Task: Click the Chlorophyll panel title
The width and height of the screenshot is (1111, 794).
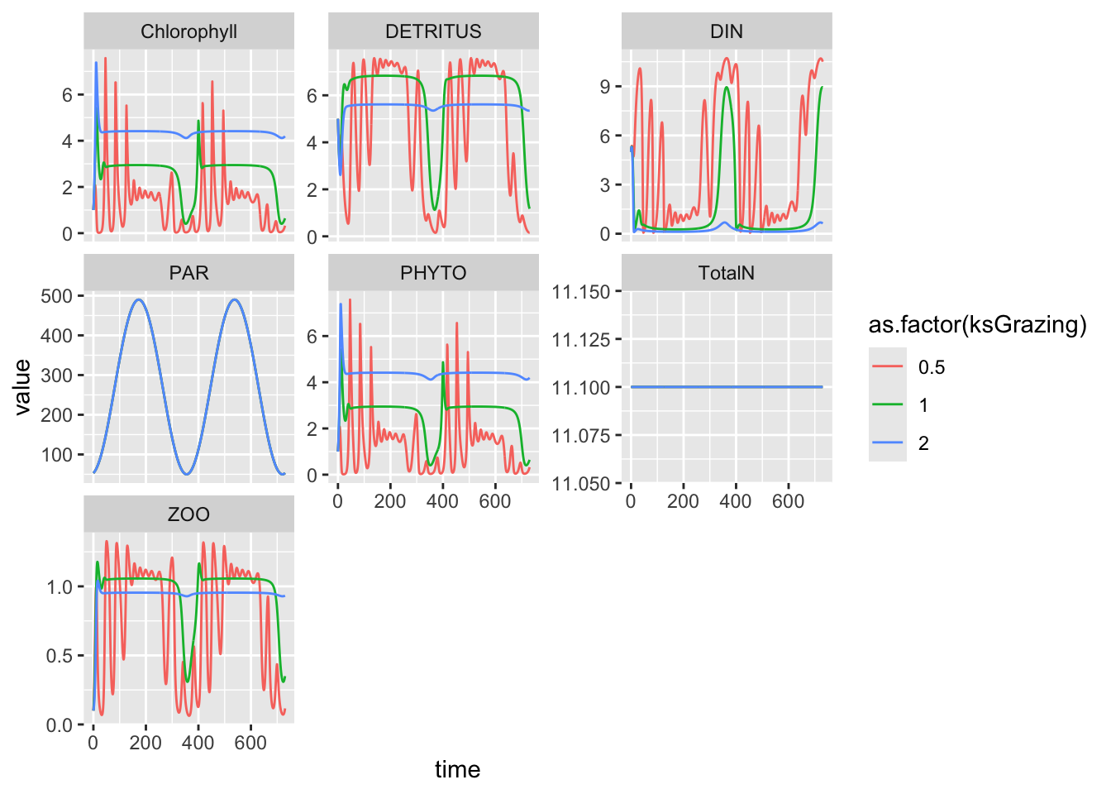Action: [x=188, y=31]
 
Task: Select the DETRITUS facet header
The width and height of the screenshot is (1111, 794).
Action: [x=433, y=31]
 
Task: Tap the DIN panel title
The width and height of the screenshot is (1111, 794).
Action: [x=727, y=31]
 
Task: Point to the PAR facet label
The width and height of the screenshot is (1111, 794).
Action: [x=188, y=273]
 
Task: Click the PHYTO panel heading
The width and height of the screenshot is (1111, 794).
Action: [x=433, y=273]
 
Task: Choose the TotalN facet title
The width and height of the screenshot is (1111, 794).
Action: [x=727, y=273]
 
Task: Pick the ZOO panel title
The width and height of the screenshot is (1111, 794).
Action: [x=188, y=514]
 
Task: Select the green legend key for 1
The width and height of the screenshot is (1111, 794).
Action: [x=888, y=405]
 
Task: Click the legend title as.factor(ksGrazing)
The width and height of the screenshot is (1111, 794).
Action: [x=977, y=325]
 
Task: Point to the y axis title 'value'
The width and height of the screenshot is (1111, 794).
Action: [x=22, y=386]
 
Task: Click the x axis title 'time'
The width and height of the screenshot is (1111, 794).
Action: [x=457, y=770]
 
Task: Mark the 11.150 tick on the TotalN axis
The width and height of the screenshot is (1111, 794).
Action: [x=580, y=292]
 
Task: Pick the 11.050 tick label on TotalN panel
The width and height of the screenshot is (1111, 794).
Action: [x=580, y=484]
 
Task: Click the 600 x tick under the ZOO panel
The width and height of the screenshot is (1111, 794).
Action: [x=250, y=743]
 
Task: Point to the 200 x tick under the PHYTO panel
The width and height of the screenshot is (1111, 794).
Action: [x=389, y=501]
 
